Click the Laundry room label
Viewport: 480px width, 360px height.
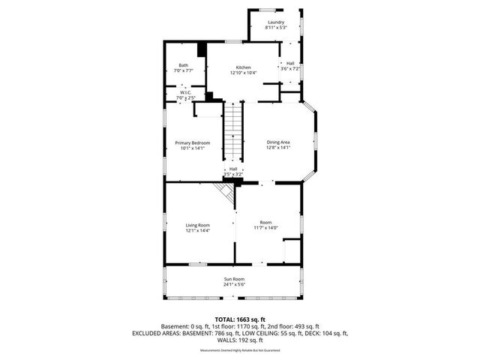(276, 22)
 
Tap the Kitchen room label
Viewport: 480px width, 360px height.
(243, 67)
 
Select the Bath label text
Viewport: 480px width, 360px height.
(184, 65)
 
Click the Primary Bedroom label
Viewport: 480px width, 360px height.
(192, 142)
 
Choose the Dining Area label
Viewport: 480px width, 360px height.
(278, 142)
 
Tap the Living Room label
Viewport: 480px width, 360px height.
(198, 225)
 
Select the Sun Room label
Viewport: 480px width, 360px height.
(233, 279)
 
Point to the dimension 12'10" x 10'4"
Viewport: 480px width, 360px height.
(243, 73)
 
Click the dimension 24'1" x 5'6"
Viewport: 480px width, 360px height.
(233, 285)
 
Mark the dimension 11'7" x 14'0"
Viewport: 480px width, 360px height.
(265, 228)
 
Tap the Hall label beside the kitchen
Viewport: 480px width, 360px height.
(289, 63)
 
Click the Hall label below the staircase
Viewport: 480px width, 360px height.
(233, 169)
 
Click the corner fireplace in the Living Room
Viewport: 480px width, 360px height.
(223, 195)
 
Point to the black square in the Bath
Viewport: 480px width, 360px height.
(201, 50)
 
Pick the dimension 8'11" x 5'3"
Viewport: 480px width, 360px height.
(276, 28)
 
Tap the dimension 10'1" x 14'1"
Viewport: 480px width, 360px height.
(192, 148)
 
